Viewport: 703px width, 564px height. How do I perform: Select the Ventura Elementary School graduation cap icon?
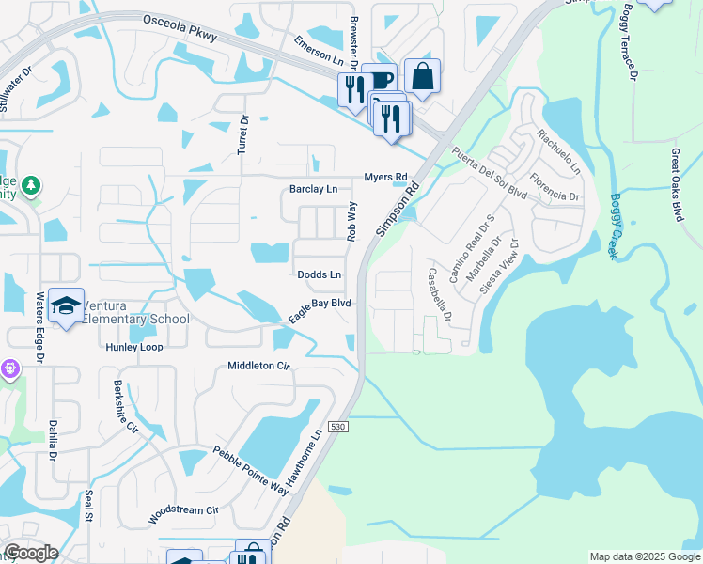pos(66,305)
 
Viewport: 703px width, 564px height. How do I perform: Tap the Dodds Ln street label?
pos(319,274)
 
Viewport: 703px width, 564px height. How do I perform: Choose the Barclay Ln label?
pos(313,189)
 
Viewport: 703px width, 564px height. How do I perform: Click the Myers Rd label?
pos(385,177)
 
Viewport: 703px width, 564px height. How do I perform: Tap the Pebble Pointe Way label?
pos(251,470)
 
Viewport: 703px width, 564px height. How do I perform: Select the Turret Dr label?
pos(243,134)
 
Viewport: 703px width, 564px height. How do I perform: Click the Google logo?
pos(30,553)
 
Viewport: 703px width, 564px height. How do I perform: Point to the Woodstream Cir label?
pos(182,516)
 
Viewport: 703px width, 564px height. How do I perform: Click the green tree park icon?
pos(32,185)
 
